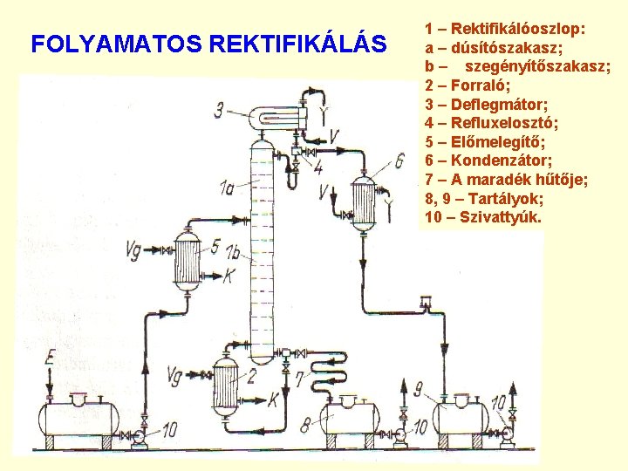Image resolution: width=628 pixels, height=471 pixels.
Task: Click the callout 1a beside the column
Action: coord(228,186)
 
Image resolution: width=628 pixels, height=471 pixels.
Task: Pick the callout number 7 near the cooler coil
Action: coord(299,379)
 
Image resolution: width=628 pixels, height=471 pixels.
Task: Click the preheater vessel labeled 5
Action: coord(187,260)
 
